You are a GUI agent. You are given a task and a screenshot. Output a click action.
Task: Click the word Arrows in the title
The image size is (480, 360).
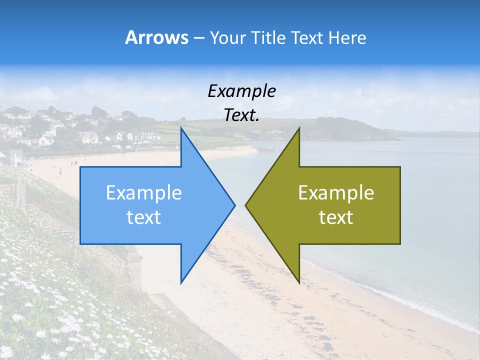tap(156, 38)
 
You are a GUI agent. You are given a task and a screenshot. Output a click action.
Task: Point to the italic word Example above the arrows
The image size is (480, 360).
tap(242, 91)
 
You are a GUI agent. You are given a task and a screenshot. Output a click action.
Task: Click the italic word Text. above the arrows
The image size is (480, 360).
tap(242, 115)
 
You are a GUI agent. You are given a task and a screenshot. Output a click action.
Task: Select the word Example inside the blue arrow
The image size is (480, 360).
tap(144, 193)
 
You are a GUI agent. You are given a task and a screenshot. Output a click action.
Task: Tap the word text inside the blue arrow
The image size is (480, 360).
tap(144, 217)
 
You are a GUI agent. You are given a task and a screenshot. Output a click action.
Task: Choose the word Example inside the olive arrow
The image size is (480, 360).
tap(336, 193)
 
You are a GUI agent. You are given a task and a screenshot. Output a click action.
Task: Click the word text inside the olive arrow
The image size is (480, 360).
tap(336, 217)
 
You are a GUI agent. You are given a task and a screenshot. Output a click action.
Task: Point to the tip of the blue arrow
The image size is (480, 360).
tap(234, 205)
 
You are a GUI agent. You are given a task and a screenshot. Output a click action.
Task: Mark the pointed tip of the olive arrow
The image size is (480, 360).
tap(246, 205)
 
